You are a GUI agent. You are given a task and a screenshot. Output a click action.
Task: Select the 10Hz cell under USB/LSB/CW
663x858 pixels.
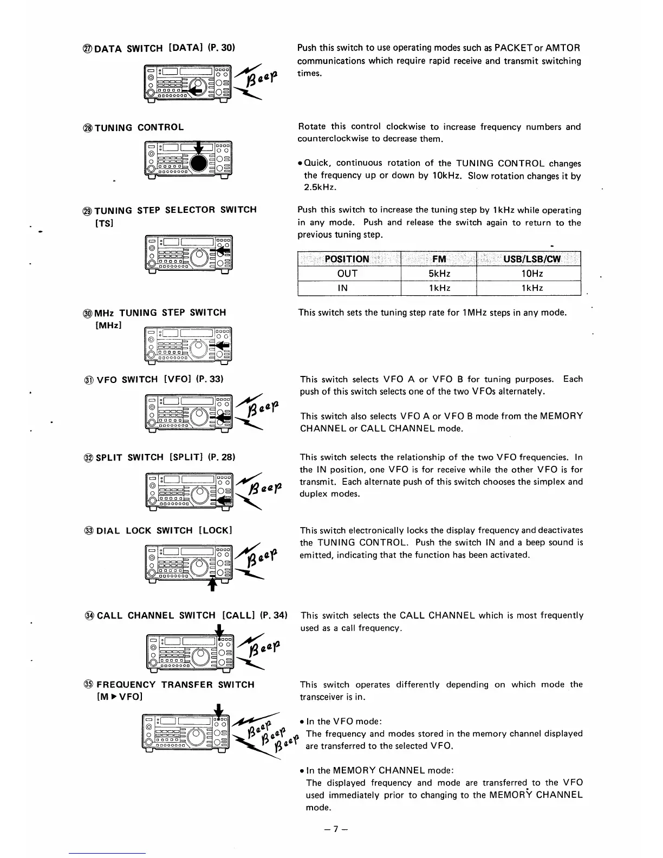click(529, 274)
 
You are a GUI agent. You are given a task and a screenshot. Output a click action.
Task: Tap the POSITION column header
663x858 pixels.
click(347, 259)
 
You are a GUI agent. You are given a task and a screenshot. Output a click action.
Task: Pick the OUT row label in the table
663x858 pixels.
click(347, 274)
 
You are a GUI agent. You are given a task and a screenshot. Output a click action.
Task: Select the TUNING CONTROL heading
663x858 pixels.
click(140, 128)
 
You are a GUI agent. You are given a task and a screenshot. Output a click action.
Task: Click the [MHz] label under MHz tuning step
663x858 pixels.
click(108, 325)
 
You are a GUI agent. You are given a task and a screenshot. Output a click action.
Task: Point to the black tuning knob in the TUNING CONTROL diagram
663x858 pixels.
click(199, 162)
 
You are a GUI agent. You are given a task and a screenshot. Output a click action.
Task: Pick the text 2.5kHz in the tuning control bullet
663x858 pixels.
click(320, 187)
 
